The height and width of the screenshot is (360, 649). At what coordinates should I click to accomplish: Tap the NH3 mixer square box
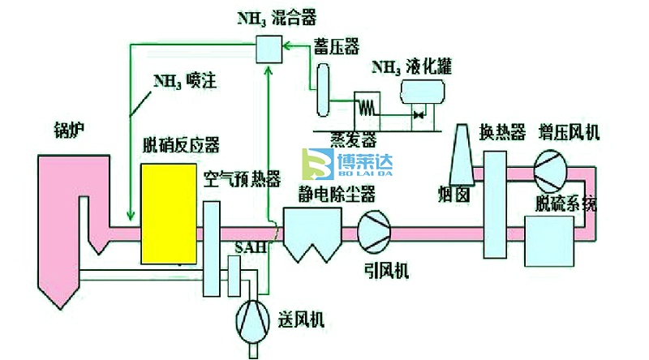[x=267, y=49]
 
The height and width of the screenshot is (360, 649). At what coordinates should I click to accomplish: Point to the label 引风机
[x=382, y=268]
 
